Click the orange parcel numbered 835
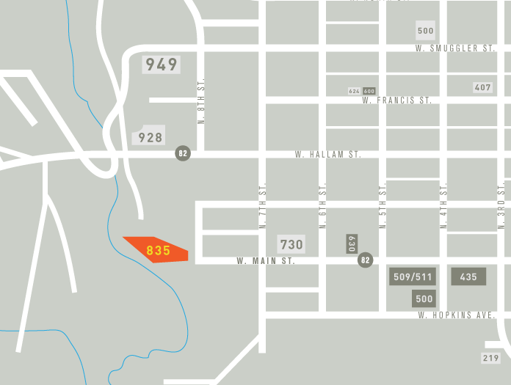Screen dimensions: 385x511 [x=158, y=250]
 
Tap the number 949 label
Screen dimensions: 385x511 [x=162, y=65]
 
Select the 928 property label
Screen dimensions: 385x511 [x=151, y=137]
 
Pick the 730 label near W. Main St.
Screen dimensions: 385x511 [x=291, y=244]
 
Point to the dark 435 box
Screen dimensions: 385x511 [x=468, y=277]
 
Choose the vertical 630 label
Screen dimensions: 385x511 [x=352, y=244]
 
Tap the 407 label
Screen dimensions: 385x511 [x=482, y=87]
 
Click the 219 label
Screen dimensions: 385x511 [x=490, y=358]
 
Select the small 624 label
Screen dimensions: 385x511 [x=355, y=91]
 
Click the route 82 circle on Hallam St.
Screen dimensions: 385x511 [x=183, y=153]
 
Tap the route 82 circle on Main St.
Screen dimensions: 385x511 [x=365, y=260]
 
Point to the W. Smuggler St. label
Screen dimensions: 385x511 [x=455, y=48]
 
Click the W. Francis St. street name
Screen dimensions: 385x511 [x=396, y=100]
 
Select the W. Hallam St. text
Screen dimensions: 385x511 [x=328, y=155]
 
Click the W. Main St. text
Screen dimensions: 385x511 [x=266, y=260]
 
